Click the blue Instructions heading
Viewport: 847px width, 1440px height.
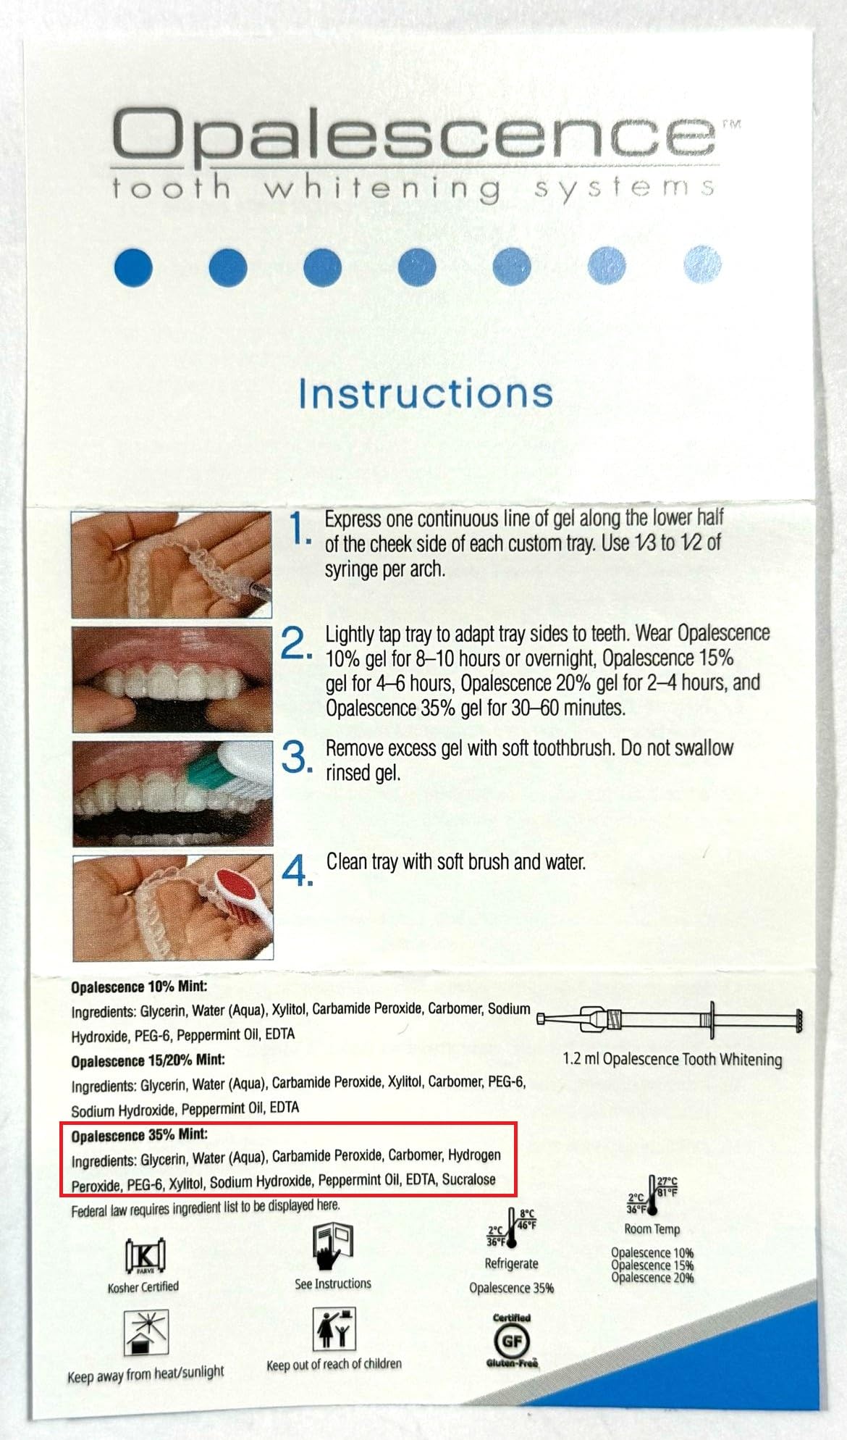(x=426, y=393)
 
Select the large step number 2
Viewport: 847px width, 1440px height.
(x=296, y=643)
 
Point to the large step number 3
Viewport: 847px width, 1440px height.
(x=297, y=757)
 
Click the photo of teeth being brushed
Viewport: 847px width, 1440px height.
(x=173, y=793)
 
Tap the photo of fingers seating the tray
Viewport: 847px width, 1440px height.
(x=172, y=679)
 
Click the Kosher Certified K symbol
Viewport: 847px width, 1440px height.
(x=145, y=1255)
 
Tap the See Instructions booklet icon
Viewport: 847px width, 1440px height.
(x=332, y=1246)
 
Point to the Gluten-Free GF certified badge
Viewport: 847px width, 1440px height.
(x=512, y=1341)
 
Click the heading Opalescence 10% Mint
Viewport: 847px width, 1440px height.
(x=139, y=987)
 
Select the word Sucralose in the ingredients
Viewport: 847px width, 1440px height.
(x=468, y=1179)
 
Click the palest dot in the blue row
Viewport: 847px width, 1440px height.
(x=702, y=264)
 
